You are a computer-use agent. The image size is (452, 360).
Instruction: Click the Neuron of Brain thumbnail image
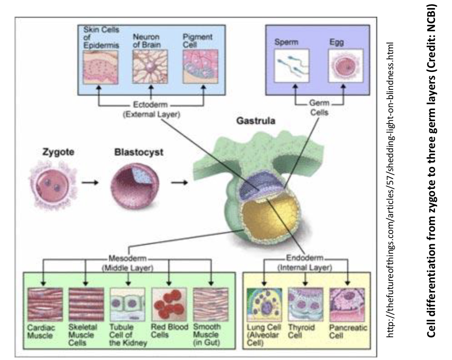[x=151, y=67]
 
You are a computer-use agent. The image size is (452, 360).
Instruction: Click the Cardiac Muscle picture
[x=45, y=304]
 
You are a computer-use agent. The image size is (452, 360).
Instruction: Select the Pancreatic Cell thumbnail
[x=347, y=304]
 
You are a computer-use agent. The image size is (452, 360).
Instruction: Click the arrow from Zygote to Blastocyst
[x=90, y=182]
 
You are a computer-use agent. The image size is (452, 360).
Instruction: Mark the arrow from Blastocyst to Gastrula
[x=178, y=182]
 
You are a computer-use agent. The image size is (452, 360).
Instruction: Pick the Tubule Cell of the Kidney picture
[x=127, y=304]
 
